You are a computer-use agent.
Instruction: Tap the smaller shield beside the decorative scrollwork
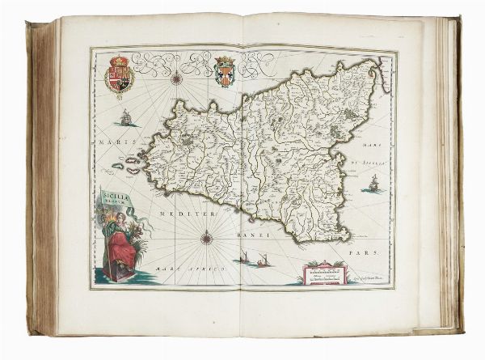(x=225, y=71)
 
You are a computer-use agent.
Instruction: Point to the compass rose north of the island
(x=175, y=79)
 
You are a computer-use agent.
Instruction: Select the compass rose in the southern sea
(x=207, y=237)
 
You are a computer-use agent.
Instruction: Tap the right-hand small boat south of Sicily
(x=264, y=260)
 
